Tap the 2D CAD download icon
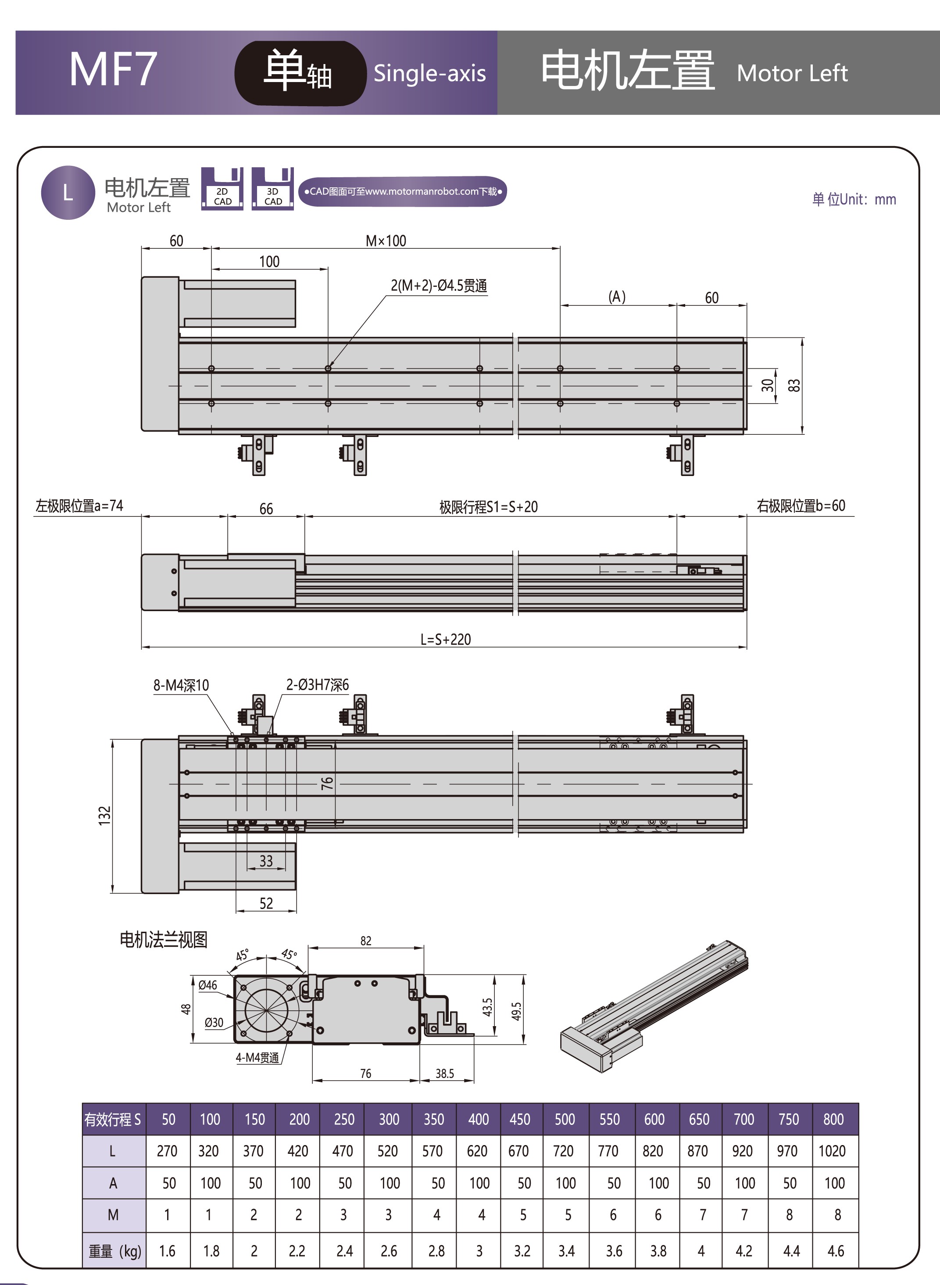222,190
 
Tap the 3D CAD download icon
272,190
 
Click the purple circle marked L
68,193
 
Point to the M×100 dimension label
386,241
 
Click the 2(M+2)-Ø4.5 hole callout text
439,286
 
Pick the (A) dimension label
617,297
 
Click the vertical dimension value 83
794,385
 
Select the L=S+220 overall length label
446,640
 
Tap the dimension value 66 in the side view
266,509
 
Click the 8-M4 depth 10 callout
181,685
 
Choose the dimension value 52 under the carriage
266,903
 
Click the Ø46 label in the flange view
207,985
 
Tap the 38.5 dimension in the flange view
444,1073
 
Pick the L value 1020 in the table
832,1151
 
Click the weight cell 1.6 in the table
167,1251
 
